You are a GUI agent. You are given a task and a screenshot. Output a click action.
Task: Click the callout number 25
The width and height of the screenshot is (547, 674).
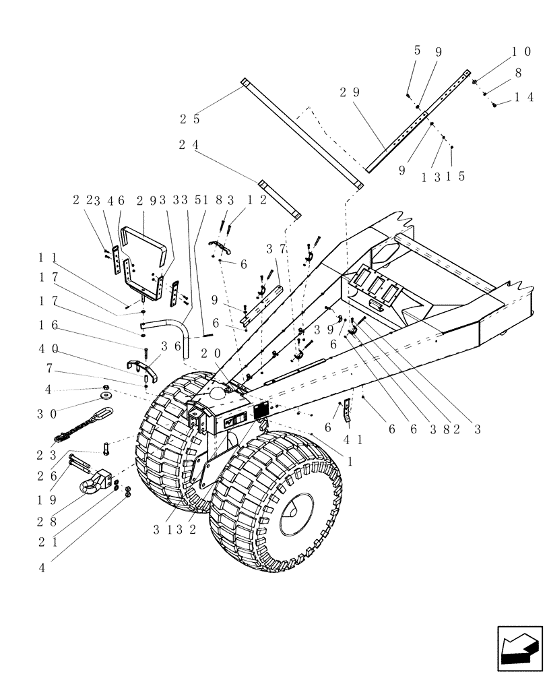pos(189,119)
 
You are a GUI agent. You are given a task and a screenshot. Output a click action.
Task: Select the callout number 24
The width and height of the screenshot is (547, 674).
pos(189,145)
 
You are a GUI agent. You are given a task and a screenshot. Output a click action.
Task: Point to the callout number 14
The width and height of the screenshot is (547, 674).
pos(524,97)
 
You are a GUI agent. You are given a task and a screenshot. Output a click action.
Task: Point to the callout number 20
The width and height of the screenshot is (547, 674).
pos(210,353)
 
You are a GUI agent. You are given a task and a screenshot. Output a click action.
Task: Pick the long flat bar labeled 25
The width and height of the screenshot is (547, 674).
pos(302,133)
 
